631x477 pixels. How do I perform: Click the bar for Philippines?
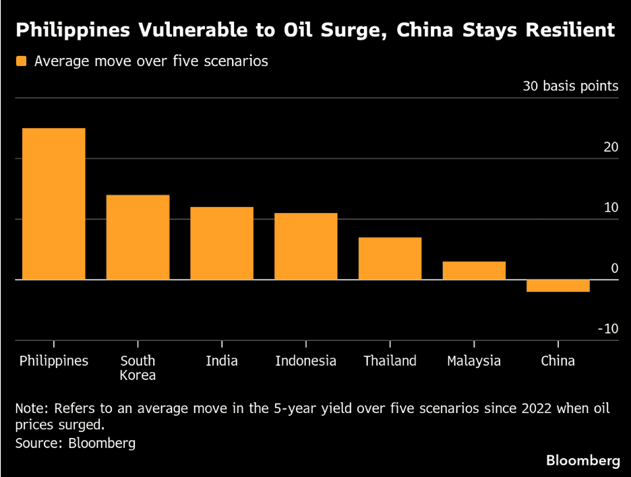click(x=53, y=203)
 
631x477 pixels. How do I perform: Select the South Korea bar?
click(x=138, y=237)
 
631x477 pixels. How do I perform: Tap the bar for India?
click(x=222, y=243)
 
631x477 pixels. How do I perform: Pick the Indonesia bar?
click(x=305, y=246)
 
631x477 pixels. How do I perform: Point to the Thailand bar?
click(x=390, y=258)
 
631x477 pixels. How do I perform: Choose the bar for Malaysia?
click(x=474, y=270)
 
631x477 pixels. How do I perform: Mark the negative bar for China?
click(x=558, y=286)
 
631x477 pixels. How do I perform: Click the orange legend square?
click(x=22, y=61)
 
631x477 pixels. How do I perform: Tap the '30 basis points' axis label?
click(x=570, y=86)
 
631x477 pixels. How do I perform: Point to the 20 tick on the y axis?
click(x=611, y=148)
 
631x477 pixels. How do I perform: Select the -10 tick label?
click(x=607, y=329)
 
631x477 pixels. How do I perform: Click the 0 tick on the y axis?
click(x=614, y=268)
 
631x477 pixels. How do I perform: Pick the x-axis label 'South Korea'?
click(x=138, y=368)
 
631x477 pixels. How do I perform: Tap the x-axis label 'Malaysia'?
click(x=474, y=361)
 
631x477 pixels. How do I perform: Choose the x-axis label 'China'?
click(x=558, y=361)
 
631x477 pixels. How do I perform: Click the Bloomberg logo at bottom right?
click(x=582, y=461)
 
